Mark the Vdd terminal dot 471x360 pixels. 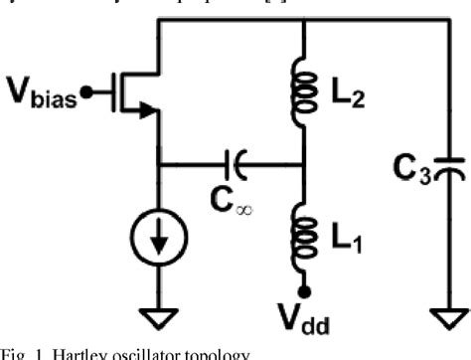coord(305,289)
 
